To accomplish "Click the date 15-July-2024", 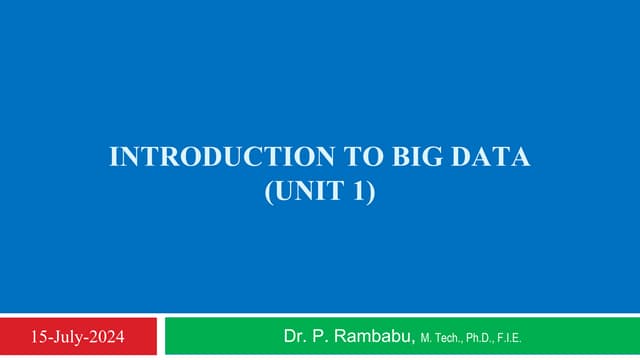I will (78, 336).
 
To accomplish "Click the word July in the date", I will (69, 336).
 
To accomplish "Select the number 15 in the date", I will (40, 336).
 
